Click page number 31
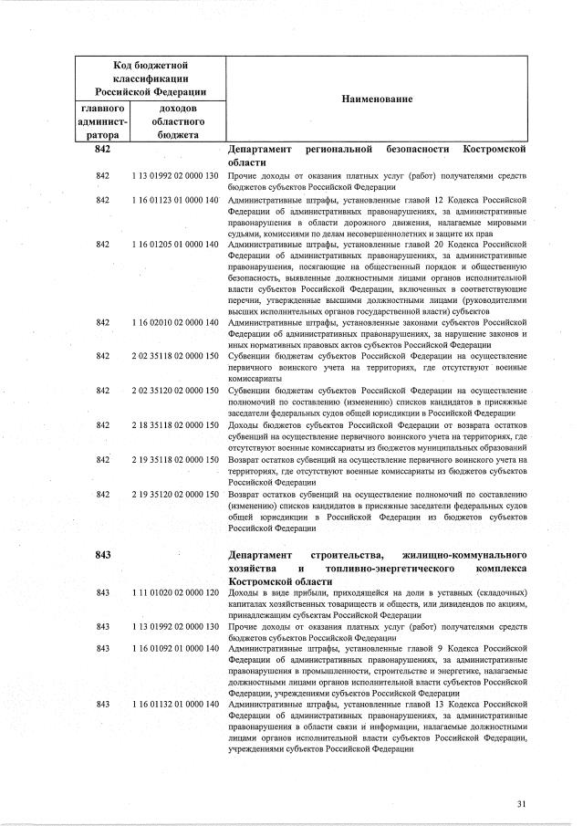click(x=521, y=803)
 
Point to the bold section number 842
click(x=103, y=148)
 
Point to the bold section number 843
click(x=103, y=554)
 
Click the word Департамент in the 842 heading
click(x=260, y=148)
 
